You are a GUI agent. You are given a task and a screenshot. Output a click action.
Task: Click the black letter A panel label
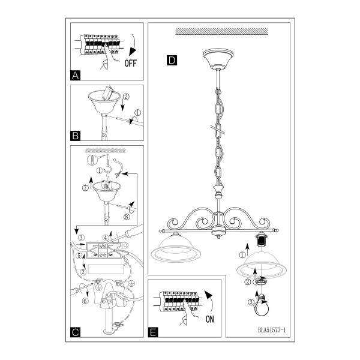click(76, 76)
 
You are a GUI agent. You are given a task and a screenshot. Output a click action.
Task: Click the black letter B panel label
click(76, 136)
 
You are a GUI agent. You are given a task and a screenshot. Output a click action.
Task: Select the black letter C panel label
click(76, 332)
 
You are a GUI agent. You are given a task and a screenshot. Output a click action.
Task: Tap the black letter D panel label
click(172, 61)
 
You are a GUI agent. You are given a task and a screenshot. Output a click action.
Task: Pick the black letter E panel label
click(153, 332)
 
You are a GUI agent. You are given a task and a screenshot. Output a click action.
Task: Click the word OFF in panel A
click(130, 63)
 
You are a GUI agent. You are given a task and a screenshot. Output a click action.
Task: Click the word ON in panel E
click(209, 319)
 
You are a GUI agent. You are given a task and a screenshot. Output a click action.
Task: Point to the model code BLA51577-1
click(272, 330)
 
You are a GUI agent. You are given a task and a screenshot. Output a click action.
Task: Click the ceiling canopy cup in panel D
click(218, 59)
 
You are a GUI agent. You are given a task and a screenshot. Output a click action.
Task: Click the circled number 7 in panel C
click(85, 188)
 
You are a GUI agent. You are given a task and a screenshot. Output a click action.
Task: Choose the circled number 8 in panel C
click(127, 217)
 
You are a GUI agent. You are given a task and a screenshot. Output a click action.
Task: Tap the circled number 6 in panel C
click(85, 301)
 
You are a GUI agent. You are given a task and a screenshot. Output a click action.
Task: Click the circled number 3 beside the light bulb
click(251, 302)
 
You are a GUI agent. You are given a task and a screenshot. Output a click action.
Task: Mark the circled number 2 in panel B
click(126, 97)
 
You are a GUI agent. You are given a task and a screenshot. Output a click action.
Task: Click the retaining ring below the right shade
click(260, 282)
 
